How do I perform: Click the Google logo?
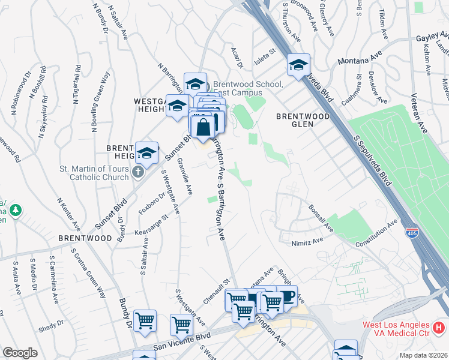click(20, 353)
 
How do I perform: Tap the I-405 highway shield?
click(411, 231)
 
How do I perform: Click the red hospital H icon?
click(439, 328)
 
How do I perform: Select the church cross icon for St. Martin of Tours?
click(138, 172)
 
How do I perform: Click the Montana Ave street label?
click(360, 60)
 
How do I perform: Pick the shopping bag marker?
click(203, 127)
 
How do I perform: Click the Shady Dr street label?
click(50, 325)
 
